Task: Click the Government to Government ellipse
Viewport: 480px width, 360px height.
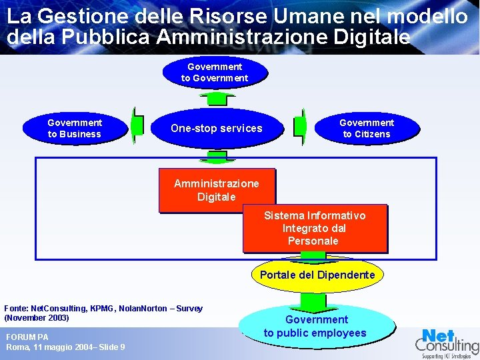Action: pyautogui.click(x=215, y=72)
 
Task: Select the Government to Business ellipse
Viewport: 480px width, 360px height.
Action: pyautogui.click(x=75, y=128)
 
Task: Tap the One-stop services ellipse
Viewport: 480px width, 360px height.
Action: pyautogui.click(x=217, y=128)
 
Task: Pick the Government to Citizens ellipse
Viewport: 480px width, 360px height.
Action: pyautogui.click(x=367, y=128)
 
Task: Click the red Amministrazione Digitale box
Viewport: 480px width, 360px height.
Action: pyautogui.click(x=216, y=189)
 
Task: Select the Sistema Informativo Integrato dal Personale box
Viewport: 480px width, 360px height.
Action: pyautogui.click(x=315, y=228)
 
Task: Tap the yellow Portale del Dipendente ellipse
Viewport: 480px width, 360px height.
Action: pyautogui.click(x=317, y=275)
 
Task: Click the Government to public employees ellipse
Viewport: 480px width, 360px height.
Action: pyautogui.click(x=315, y=326)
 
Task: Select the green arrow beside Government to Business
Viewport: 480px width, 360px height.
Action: pyautogui.click(x=137, y=125)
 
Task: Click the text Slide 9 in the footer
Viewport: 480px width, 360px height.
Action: pyautogui.click(x=111, y=347)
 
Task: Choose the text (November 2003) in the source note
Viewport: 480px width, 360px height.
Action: pyautogui.click(x=37, y=318)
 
